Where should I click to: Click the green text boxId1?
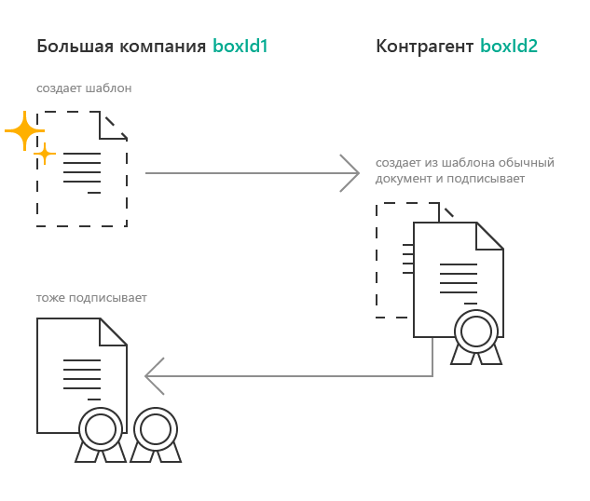(x=240, y=46)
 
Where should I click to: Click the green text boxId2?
(x=509, y=46)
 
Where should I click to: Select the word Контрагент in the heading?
(x=424, y=46)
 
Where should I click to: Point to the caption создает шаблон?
(x=84, y=88)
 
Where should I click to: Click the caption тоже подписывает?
(x=91, y=298)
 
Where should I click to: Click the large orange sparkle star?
(x=23, y=131)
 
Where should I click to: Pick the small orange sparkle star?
(x=43, y=153)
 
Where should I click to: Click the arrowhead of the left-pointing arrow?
(x=155, y=376)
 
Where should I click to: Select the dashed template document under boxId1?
(x=82, y=169)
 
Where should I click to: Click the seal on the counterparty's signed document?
(x=474, y=332)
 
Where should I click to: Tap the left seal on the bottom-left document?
(x=101, y=429)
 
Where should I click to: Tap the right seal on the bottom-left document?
(x=156, y=429)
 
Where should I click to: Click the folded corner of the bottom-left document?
(x=114, y=332)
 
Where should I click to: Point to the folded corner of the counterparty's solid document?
(x=489, y=236)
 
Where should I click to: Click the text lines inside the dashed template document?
(x=82, y=172)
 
